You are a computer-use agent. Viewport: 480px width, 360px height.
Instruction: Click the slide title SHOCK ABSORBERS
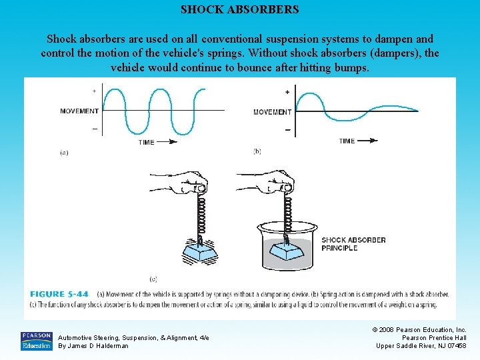point(240,10)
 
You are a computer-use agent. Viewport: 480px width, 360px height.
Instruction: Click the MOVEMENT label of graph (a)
point(79,111)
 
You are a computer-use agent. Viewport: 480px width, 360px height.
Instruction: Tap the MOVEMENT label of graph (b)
point(272,112)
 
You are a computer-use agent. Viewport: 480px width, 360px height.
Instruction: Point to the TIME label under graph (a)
point(147,142)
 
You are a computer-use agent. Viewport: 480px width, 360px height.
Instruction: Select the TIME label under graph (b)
point(347,141)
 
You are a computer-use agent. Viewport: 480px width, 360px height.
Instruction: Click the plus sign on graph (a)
point(94,91)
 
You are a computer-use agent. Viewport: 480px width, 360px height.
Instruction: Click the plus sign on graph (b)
point(287,92)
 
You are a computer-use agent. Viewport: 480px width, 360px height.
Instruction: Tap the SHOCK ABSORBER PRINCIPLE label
point(353,244)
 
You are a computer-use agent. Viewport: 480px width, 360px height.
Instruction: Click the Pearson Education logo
point(36,341)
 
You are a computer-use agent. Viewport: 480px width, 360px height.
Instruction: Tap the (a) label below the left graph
point(64,152)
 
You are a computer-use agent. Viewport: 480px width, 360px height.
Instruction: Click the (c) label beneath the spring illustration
point(154,278)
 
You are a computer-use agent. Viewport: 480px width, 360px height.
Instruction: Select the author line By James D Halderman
point(93,346)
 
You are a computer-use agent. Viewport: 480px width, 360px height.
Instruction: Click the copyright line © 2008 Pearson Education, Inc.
point(421,330)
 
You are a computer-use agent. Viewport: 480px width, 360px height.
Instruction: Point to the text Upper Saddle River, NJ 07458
point(421,345)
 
